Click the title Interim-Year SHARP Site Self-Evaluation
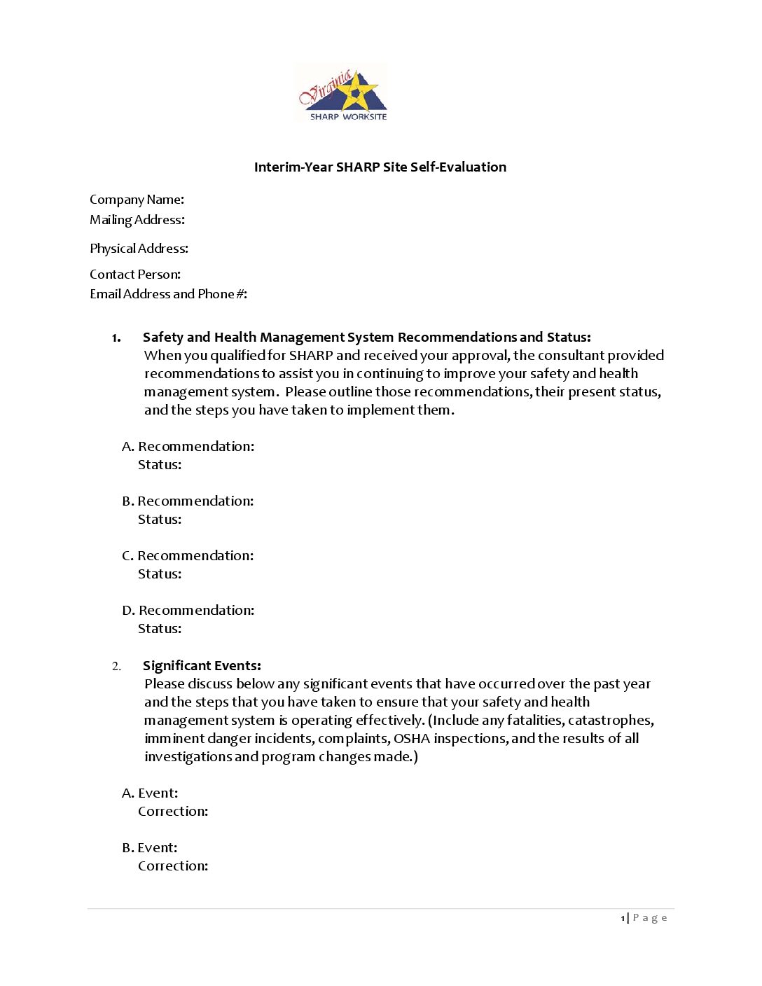tap(380, 167)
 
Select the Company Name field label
tap(137, 200)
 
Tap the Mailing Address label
tap(137, 220)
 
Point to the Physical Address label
tap(139, 249)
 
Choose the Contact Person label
tap(135, 275)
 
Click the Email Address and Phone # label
tap(168, 294)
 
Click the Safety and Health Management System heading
tap(366, 338)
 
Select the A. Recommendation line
tap(188, 447)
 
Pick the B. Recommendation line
tap(188, 501)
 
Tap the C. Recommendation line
tap(188, 556)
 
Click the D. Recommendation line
tap(188, 611)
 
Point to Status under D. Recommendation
tap(160, 629)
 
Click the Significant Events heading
tap(202, 666)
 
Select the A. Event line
tap(150, 793)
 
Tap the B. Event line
tap(150, 848)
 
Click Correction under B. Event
tap(173, 866)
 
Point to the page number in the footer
tap(623, 918)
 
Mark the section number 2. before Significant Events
tap(116, 666)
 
